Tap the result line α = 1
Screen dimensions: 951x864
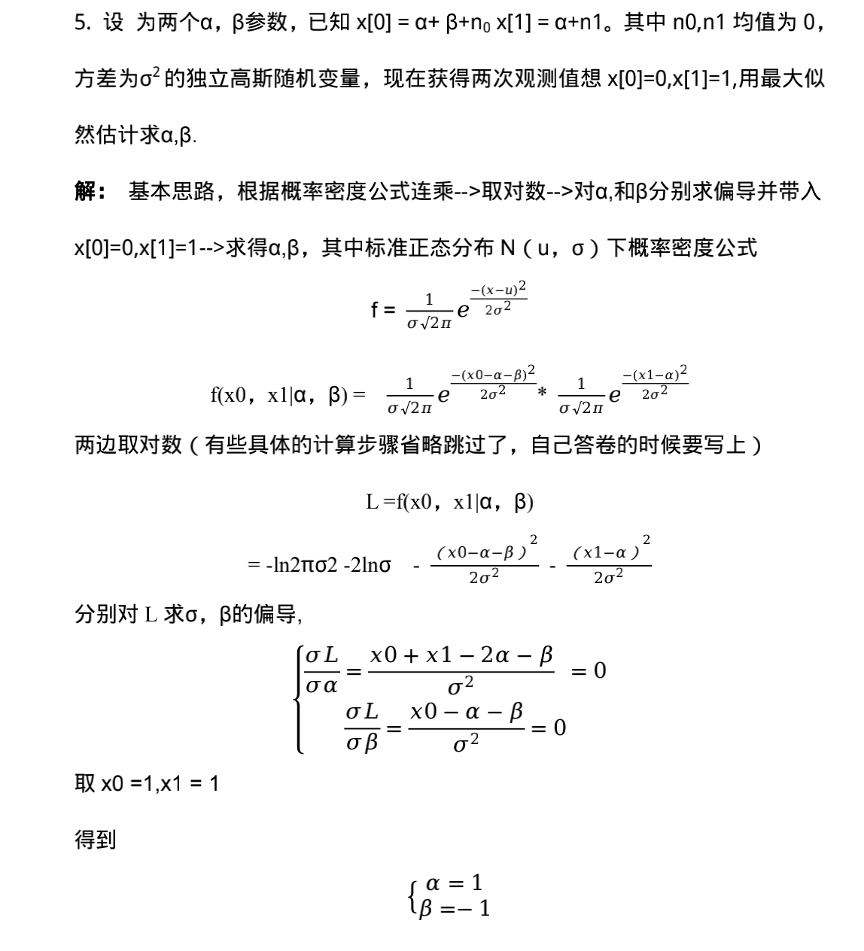point(454,883)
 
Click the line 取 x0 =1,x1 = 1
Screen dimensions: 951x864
point(147,784)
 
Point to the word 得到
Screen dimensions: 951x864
point(95,840)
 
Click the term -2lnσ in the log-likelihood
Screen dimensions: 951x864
point(367,565)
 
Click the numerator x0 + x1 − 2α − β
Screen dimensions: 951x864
point(461,655)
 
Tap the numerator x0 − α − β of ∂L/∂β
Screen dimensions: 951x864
point(467,712)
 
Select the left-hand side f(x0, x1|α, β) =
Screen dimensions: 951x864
point(288,394)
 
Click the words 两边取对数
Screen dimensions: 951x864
point(128,445)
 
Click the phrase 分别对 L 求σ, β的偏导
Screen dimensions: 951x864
point(188,615)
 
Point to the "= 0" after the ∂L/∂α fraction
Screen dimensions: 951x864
point(588,670)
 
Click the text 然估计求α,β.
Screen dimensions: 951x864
point(135,135)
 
